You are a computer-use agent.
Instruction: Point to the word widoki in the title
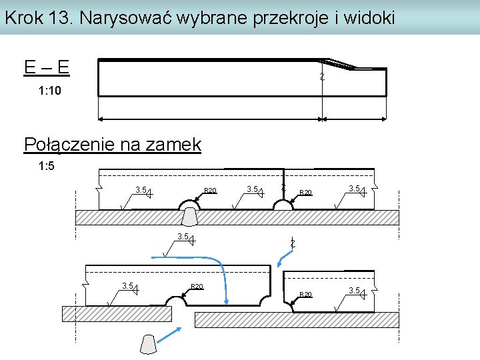click(369, 17)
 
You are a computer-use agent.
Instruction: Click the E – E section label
click(47, 67)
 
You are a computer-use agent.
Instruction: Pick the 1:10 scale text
click(50, 90)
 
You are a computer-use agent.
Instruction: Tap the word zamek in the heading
click(176, 144)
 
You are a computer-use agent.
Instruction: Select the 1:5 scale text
click(46, 167)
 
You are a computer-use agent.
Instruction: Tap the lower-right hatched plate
click(296, 319)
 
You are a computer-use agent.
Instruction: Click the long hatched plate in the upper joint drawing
click(237, 218)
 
